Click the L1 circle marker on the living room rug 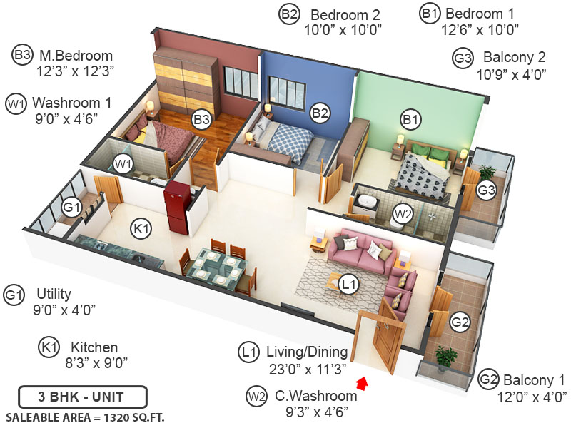click(348, 285)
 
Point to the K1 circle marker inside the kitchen click(140, 228)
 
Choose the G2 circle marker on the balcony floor click(461, 322)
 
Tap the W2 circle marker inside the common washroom click(403, 212)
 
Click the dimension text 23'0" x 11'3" click(306, 368)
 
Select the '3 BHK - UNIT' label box click(83, 396)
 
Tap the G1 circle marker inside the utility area click(71, 208)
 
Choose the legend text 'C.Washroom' click(311, 396)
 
